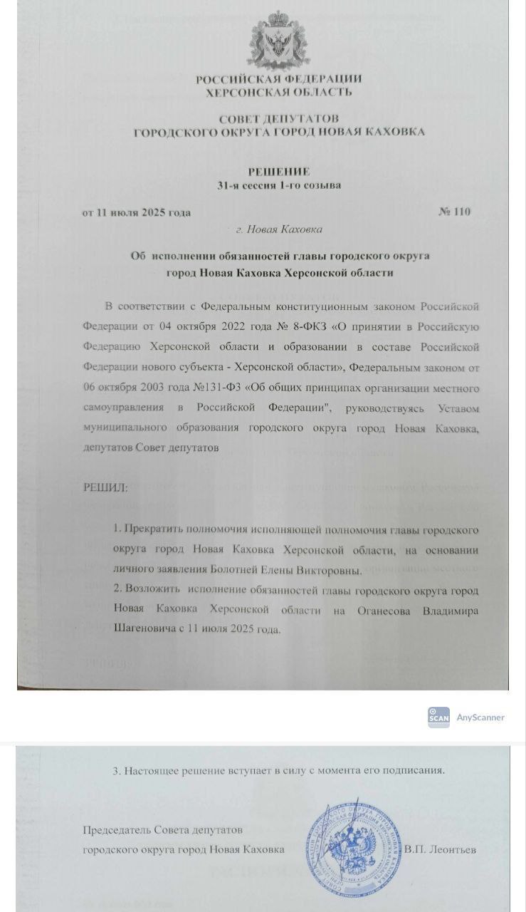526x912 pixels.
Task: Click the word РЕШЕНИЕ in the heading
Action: [x=278, y=171]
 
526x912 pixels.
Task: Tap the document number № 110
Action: [x=455, y=212]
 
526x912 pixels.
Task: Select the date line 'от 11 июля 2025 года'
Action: [x=137, y=212]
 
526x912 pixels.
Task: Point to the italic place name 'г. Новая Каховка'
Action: [x=278, y=229]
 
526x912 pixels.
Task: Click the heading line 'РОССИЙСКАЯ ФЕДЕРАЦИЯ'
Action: [x=278, y=79]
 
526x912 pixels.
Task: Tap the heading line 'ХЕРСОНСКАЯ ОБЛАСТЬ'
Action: [x=278, y=92]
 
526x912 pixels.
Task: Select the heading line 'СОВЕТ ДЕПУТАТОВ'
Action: [x=278, y=118]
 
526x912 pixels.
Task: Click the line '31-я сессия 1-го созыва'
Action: [x=278, y=186]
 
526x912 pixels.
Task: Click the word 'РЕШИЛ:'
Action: [x=106, y=488]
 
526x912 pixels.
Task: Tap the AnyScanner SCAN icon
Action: [x=438, y=717]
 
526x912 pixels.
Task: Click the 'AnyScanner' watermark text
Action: [x=480, y=717]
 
